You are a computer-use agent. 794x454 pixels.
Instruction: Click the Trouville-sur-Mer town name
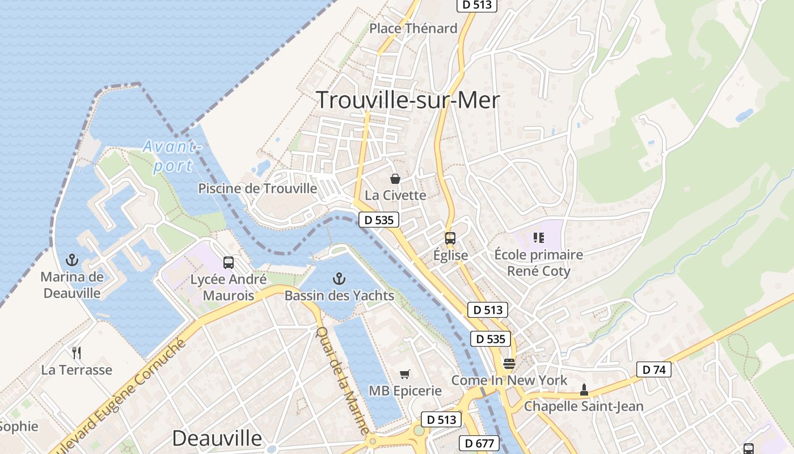408,100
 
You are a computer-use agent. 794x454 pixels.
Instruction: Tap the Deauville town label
217,438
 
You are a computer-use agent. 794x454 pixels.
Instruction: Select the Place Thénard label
413,28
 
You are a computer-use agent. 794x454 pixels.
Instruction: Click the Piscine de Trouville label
257,188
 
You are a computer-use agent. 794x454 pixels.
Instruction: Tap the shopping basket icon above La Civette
395,179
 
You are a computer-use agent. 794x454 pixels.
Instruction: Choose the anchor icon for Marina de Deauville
72,260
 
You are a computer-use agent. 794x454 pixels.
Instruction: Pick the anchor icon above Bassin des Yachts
339,279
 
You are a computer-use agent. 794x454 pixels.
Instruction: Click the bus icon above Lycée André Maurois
229,263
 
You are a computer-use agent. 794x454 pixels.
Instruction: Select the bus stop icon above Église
450,238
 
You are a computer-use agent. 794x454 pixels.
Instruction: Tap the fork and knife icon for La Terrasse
77,353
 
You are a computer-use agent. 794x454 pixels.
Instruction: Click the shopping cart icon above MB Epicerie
405,374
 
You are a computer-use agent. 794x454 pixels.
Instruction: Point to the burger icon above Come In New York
509,363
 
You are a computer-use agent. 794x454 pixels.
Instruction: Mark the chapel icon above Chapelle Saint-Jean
584,390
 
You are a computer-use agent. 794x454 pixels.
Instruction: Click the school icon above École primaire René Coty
538,238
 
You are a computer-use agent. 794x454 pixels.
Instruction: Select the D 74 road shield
654,370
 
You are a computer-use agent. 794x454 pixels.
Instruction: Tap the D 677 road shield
479,443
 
